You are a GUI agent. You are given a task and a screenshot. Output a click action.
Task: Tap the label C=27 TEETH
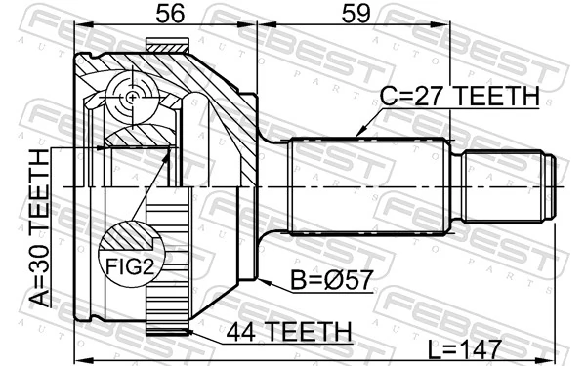pos(460,96)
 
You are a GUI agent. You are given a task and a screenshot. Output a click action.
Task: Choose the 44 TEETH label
pos(288,332)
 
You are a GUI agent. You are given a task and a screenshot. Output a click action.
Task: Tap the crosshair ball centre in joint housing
pos(130,96)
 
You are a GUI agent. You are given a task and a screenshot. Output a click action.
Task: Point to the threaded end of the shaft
pos(508,185)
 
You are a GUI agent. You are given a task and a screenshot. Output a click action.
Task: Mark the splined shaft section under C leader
pos(371,185)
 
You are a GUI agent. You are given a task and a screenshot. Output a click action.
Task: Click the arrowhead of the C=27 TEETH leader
pos(358,134)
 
